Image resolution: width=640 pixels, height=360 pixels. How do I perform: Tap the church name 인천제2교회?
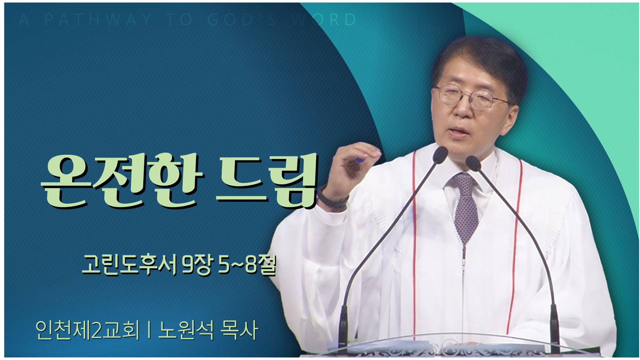(x=87, y=330)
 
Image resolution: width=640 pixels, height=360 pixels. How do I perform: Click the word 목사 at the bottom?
(x=240, y=330)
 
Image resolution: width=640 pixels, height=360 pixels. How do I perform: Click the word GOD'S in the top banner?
(x=242, y=20)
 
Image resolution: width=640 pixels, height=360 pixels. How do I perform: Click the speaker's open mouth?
(x=460, y=130)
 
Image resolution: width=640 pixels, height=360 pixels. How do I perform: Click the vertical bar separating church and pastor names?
(x=149, y=330)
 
